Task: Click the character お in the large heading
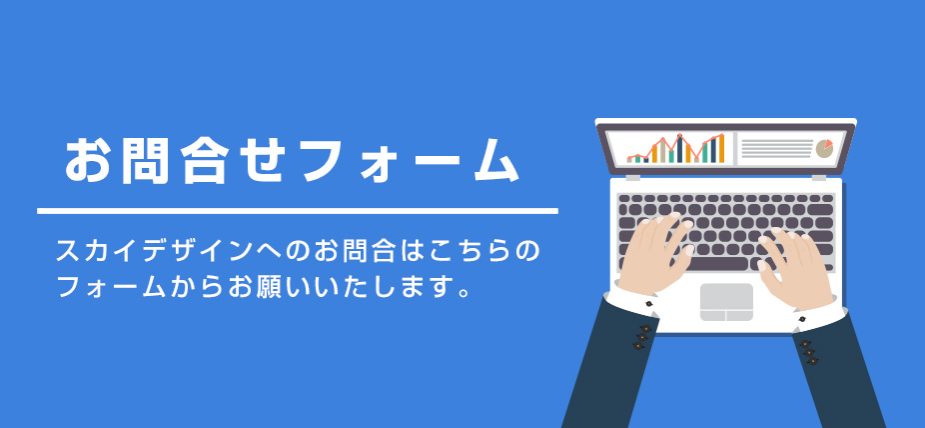click(x=87, y=160)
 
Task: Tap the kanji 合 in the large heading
click(x=203, y=161)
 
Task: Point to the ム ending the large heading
click(x=496, y=161)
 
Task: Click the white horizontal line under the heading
click(x=298, y=211)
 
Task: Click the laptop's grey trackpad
click(x=726, y=302)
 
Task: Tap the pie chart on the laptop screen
click(x=824, y=148)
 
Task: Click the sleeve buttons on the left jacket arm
click(x=642, y=337)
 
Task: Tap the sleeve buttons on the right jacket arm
click(x=809, y=352)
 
